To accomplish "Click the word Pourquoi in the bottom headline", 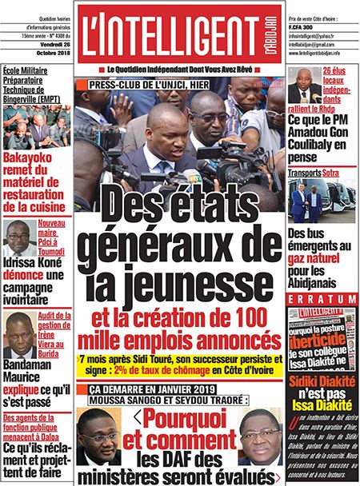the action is point(183,419).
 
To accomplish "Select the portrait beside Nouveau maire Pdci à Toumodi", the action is point(16,239).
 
